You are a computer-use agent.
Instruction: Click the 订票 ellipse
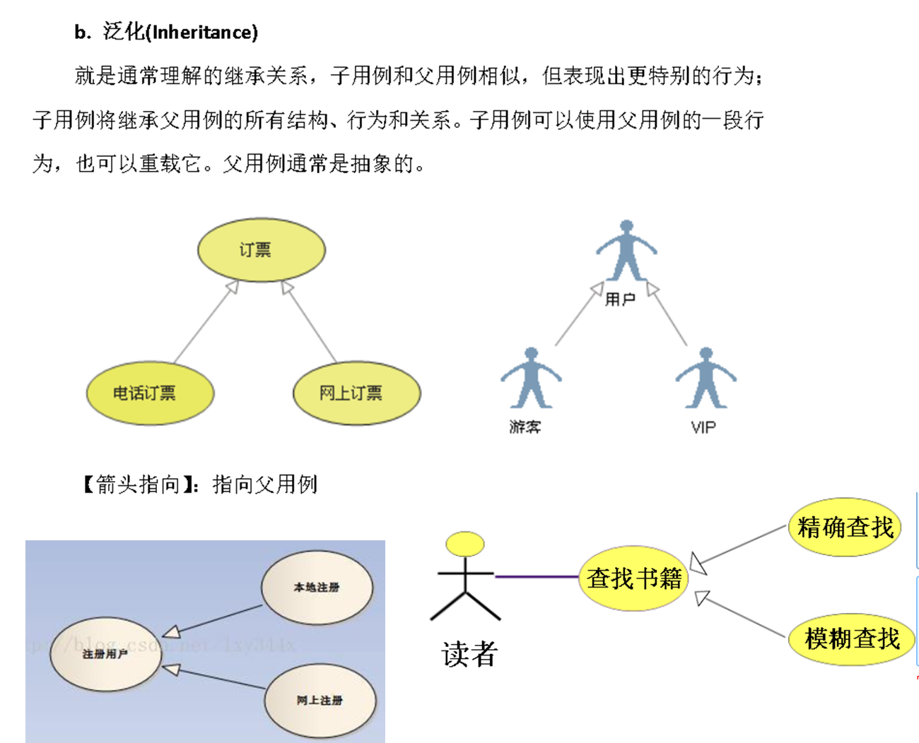261,250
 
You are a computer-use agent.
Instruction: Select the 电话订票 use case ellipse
150,393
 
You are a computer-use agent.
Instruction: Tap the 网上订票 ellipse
356,393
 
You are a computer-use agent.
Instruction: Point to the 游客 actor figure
531,379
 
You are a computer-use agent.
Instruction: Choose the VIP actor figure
706,379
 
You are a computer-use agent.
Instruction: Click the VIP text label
703,427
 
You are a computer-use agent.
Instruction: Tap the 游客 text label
525,427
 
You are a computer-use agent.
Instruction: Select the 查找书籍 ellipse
633,578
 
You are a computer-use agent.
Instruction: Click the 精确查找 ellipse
845,528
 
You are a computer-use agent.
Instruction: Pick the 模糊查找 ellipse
852,639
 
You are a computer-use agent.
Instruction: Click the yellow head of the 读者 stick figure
465,544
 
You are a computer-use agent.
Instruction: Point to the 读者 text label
469,654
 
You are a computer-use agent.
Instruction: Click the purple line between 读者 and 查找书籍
537,577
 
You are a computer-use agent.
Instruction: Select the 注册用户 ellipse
105,654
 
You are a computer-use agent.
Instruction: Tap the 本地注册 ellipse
317,588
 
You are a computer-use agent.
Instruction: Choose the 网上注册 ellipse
320,701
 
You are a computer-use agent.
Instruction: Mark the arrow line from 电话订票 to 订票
205,323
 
